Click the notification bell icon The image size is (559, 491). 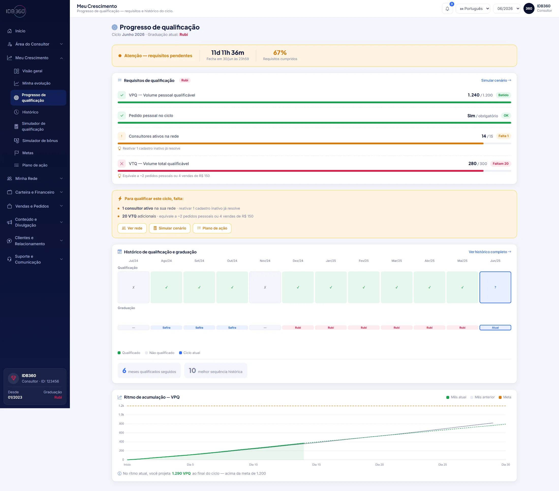click(x=447, y=9)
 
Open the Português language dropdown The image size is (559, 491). click(x=473, y=9)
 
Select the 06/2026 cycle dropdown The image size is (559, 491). click(x=507, y=9)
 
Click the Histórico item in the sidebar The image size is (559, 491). click(x=30, y=112)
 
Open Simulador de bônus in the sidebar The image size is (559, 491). click(x=40, y=140)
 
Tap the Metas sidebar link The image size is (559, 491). click(x=28, y=153)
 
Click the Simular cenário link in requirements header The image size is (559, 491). click(x=496, y=80)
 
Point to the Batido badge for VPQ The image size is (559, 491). click(x=503, y=95)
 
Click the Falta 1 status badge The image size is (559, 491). click(x=503, y=136)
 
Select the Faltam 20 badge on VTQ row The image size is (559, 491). click(x=501, y=164)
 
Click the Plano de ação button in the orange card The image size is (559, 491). click(x=212, y=228)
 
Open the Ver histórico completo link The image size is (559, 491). click(x=490, y=252)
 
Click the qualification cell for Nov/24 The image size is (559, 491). click(x=265, y=287)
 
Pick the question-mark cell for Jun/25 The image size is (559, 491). click(x=495, y=287)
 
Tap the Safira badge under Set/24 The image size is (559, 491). click(x=199, y=327)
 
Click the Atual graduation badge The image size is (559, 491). click(x=495, y=327)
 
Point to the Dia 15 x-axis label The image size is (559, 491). click(x=316, y=465)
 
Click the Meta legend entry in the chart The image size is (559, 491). click(x=505, y=397)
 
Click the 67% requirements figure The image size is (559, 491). click(x=280, y=52)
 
